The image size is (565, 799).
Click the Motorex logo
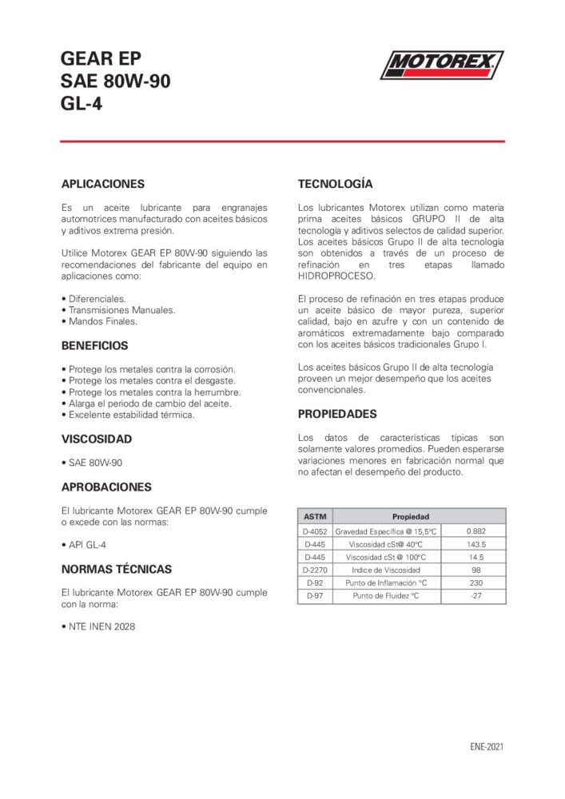pyautogui.click(x=441, y=65)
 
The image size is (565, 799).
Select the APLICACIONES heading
pyautogui.click(x=103, y=183)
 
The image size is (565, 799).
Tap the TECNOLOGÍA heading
pyautogui.click(x=335, y=183)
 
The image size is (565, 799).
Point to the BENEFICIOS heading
pyautogui.click(x=94, y=346)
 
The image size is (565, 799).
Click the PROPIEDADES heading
pyautogui.click(x=337, y=414)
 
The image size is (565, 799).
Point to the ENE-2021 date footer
pyautogui.click(x=487, y=747)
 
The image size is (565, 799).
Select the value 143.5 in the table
pyautogui.click(x=475, y=544)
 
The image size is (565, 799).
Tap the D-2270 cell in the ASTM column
pyautogui.click(x=315, y=570)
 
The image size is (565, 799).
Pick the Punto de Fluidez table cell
pyautogui.click(x=387, y=595)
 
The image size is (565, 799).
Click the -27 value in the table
pyautogui.click(x=475, y=595)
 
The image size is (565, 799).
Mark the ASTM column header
pyautogui.click(x=315, y=516)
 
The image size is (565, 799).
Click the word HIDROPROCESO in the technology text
pyautogui.click(x=336, y=275)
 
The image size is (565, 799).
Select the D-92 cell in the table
pyautogui.click(x=315, y=582)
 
